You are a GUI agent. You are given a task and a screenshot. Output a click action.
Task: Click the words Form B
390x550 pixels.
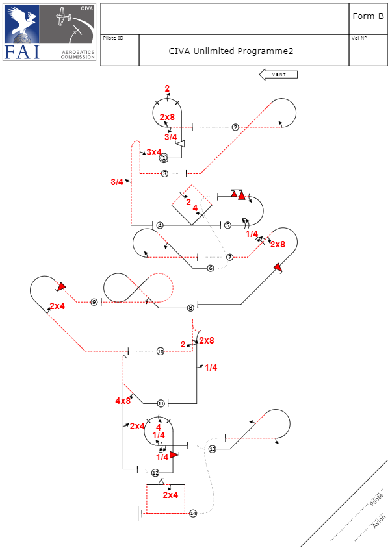pos(368,16)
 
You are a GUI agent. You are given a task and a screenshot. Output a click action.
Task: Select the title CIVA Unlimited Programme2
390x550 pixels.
pos(231,51)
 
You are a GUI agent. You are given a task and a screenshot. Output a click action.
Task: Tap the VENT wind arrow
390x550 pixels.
pos(278,75)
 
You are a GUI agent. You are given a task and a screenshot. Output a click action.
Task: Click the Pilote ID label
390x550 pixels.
pos(113,38)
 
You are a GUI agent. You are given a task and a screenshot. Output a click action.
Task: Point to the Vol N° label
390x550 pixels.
pos(359,38)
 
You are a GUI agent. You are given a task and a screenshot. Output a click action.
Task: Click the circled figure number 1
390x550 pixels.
pos(164,158)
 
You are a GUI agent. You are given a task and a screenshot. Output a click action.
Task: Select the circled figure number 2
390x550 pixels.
pos(235,127)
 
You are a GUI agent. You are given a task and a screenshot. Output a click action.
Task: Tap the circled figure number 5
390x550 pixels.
pos(227,225)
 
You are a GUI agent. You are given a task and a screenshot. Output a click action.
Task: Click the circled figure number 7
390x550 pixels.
pos(229,258)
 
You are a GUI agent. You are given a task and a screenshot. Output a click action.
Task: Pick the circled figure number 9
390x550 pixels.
pos(94,302)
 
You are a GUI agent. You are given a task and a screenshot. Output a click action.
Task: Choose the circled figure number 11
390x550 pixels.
pos(161,403)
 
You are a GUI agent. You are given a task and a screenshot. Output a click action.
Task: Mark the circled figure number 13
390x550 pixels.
pos(213,449)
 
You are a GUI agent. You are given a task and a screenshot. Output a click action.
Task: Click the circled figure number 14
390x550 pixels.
pos(193,514)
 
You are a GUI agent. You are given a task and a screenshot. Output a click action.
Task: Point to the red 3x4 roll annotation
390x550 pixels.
pos(154,152)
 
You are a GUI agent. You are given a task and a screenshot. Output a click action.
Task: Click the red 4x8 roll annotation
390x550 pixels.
pos(123,401)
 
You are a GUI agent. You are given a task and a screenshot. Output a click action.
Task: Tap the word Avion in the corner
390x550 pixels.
pos(378,521)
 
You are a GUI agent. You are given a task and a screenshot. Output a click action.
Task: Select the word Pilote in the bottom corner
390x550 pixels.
pos(376,500)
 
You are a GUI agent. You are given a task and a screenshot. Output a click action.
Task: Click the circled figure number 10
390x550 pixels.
pos(161,351)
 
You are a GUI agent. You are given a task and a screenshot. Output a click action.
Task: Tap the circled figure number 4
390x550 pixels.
pos(159,225)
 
